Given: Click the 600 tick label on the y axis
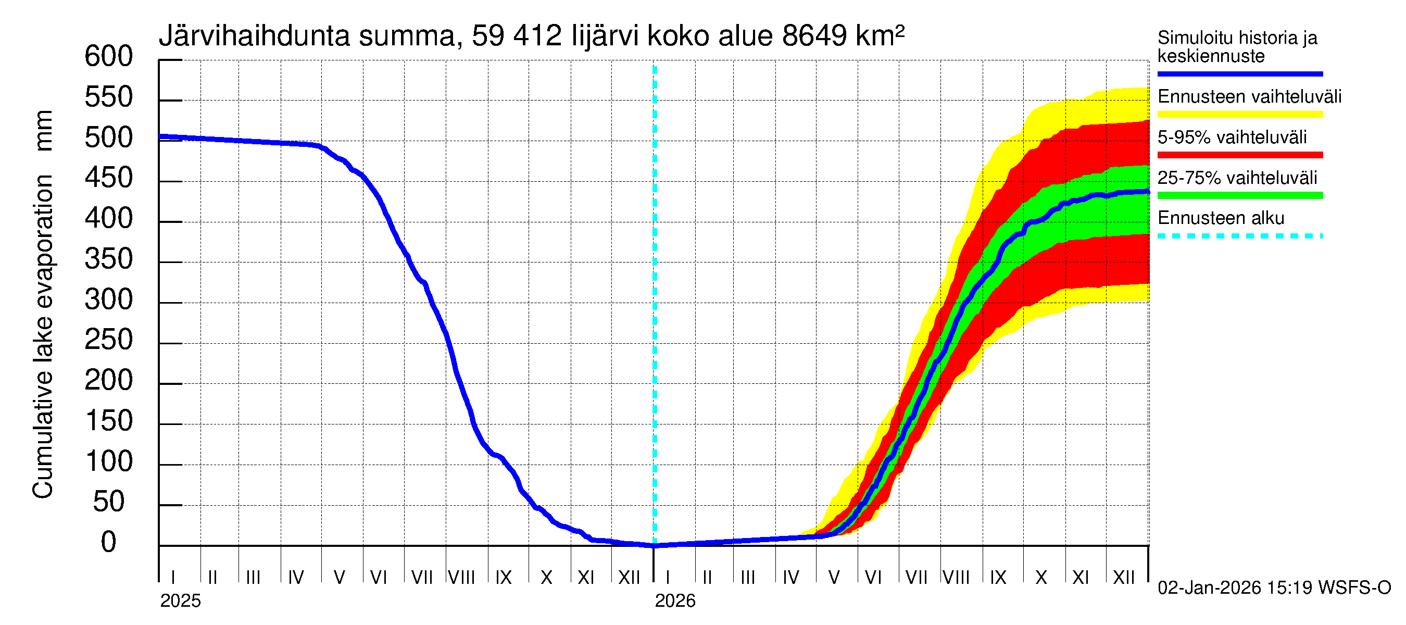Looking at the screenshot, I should click(x=108, y=56).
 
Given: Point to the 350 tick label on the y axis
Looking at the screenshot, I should click(x=108, y=259).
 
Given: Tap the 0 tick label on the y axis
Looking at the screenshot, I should click(x=109, y=542).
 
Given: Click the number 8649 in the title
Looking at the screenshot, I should click(x=814, y=36).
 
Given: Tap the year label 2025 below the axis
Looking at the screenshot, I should click(x=180, y=601).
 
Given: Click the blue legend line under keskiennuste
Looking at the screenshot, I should click(x=1239, y=73).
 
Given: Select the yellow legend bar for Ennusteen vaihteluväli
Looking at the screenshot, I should click(x=1239, y=114).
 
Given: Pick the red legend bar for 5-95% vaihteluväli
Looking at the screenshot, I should click(x=1239, y=155).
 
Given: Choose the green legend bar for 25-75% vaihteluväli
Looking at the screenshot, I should click(x=1239, y=195).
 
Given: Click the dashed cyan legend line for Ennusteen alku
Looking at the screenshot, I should click(x=1239, y=236).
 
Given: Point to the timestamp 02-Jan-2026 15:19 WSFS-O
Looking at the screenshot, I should click(x=1274, y=588).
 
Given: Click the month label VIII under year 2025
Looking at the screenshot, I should click(x=461, y=578).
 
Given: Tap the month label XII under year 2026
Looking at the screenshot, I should click(x=1123, y=578).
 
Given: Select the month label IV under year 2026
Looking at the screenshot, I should click(x=790, y=578).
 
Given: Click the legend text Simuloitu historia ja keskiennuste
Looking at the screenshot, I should click(x=1237, y=47).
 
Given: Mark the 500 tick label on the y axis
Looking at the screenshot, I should click(x=108, y=137).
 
